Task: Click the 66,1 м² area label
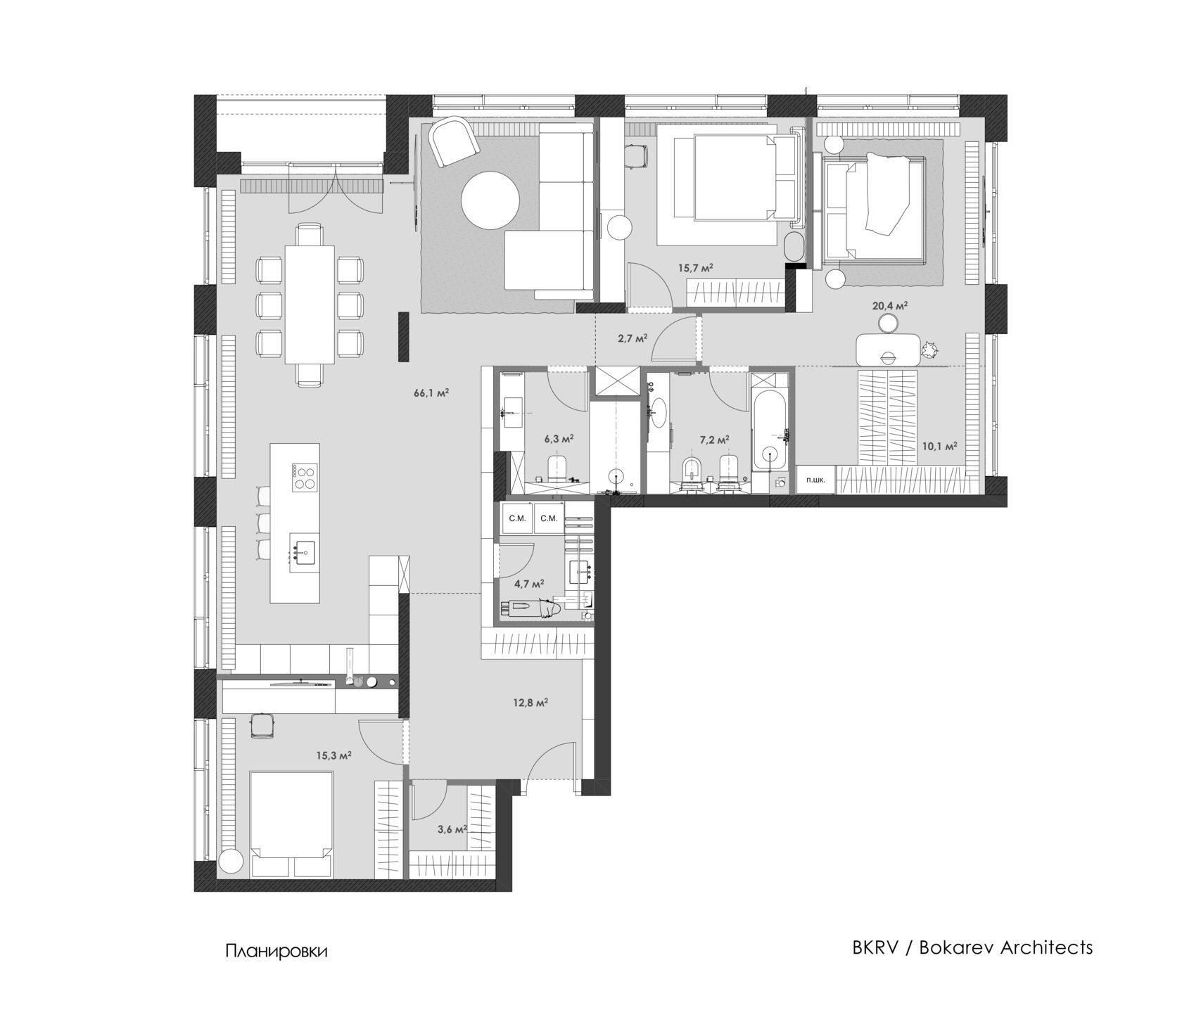[431, 393]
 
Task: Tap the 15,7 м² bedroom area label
[696, 268]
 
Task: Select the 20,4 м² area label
[890, 305]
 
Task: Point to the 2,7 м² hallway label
[631, 338]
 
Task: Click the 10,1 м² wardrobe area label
[939, 446]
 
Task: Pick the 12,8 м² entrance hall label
[530, 702]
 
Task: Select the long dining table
[310, 304]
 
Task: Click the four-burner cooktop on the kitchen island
[304, 478]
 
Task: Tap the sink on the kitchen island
[305, 551]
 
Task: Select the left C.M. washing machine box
[517, 519]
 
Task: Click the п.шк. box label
[816, 480]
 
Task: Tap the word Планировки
[277, 952]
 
